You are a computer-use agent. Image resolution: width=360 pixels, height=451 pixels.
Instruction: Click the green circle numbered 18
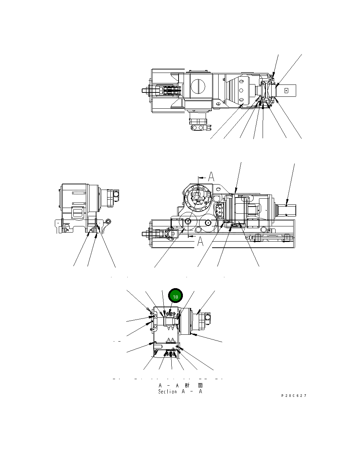(x=176, y=296)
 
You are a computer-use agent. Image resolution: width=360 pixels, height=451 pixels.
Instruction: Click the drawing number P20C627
(x=294, y=396)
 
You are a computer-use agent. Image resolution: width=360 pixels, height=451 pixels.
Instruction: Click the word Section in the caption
(x=167, y=391)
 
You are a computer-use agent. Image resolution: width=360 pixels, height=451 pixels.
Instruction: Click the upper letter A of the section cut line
(x=211, y=177)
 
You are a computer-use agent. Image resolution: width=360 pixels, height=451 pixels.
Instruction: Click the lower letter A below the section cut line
(x=199, y=242)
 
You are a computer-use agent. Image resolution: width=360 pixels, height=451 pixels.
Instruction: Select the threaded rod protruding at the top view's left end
(x=146, y=90)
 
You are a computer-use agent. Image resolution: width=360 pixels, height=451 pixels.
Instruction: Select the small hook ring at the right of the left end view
(x=109, y=221)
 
